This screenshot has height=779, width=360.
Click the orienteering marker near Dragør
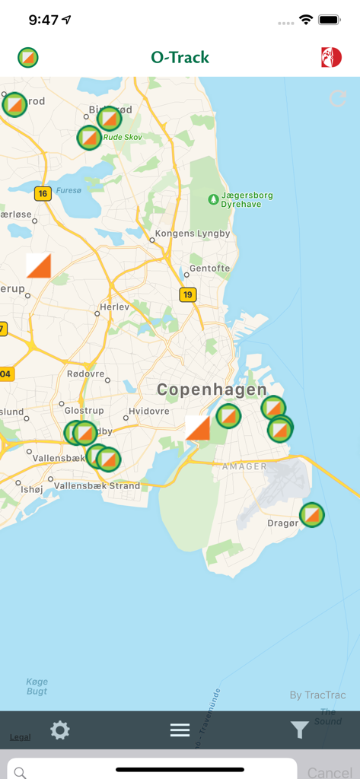[x=311, y=515]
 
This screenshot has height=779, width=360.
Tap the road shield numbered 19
[x=188, y=294]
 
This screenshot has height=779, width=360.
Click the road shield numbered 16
[x=43, y=193]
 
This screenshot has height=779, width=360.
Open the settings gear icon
[x=60, y=730]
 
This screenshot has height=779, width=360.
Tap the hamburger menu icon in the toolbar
[x=180, y=730]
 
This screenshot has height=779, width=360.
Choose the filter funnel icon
[x=299, y=730]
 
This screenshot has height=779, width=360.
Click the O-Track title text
[x=180, y=57]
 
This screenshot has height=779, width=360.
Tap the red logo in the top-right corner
[x=331, y=57]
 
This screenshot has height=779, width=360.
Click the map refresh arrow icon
[x=337, y=98]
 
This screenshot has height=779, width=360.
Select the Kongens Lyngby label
[x=193, y=234]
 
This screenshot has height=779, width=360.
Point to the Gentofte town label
[x=209, y=269]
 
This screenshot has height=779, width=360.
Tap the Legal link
[x=21, y=737]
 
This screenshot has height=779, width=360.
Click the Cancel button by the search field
[x=329, y=771]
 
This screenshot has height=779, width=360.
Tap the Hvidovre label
[x=149, y=411]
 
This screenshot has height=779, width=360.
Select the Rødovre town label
[x=85, y=374]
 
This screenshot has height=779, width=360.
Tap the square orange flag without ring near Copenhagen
[x=198, y=428]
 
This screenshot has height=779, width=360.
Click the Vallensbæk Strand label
[x=97, y=485]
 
